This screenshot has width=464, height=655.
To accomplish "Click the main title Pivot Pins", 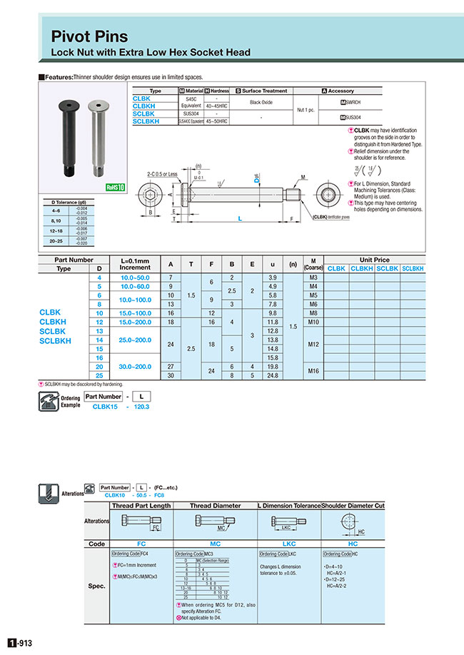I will click(x=90, y=36).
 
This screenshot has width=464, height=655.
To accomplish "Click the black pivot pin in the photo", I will click(x=66, y=138).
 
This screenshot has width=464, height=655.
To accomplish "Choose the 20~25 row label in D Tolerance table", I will click(x=56, y=241).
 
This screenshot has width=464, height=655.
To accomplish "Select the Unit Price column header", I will click(x=375, y=260).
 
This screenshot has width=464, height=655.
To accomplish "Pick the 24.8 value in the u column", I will click(x=271, y=375).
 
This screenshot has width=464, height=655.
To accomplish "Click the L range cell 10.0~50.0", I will click(x=136, y=277).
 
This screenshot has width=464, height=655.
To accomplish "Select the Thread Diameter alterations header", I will click(x=215, y=505).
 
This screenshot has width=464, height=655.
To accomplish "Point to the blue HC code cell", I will click(x=353, y=543).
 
